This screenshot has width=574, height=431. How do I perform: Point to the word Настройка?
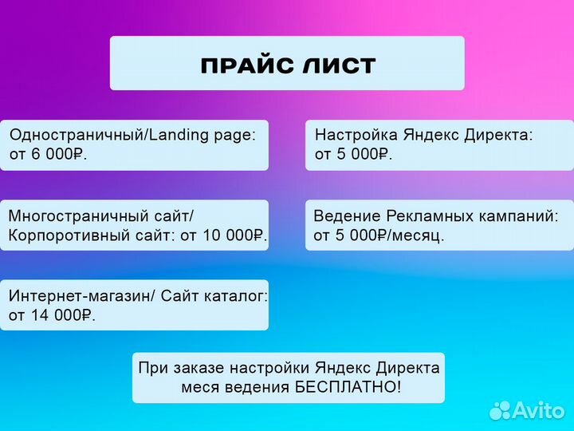(x=356, y=136)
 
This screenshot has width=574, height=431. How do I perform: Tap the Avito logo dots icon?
(x=500, y=409)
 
